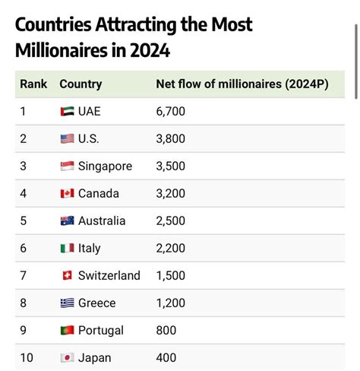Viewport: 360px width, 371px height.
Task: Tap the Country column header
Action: (81, 84)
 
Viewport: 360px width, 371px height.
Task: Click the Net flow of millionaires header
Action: (242, 84)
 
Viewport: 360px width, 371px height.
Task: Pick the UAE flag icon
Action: (67, 112)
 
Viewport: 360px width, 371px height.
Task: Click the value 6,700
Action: (170, 112)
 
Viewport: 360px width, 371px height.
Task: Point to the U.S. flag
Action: (67, 139)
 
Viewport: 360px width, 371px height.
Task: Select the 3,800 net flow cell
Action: (170, 139)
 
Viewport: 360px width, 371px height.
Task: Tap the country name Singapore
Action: (105, 166)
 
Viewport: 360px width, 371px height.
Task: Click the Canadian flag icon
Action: (67, 194)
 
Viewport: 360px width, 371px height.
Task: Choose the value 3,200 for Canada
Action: (170, 194)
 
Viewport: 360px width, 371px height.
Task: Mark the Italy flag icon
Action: (67, 249)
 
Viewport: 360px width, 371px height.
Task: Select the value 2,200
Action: (170, 249)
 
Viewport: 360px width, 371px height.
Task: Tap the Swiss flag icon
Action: (67, 276)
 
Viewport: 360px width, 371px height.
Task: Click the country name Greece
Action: (97, 303)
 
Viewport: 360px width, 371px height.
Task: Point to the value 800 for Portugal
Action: (166, 331)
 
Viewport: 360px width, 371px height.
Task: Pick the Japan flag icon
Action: (67, 358)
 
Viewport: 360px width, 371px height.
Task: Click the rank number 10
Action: (27, 358)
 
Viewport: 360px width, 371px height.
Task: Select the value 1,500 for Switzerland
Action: (170, 276)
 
